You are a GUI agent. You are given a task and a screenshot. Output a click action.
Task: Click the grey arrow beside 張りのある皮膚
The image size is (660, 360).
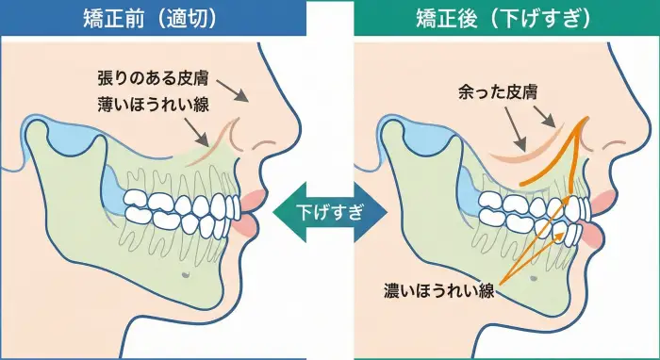point(240,96)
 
